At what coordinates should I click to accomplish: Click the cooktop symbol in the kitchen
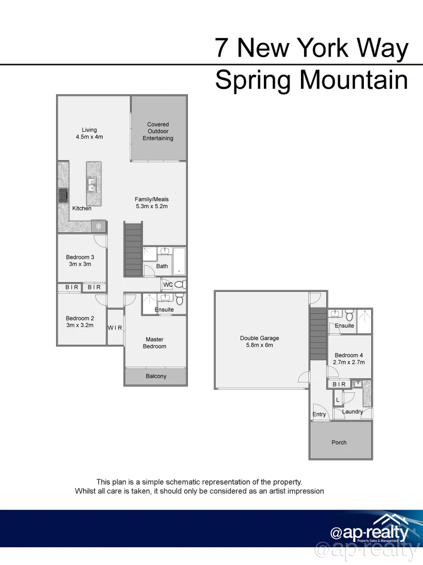pos(63,195)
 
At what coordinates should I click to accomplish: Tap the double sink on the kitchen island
pos(92,184)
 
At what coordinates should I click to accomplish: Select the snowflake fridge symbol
pos(98,227)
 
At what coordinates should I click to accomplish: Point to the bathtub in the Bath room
pos(179,261)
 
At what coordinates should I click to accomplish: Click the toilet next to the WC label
pos(180,285)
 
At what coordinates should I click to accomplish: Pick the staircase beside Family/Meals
pos(133,249)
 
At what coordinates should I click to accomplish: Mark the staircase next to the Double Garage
pos(317,333)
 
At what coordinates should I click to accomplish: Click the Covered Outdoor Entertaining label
pos(158,131)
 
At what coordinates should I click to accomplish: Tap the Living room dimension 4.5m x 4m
pos(90,137)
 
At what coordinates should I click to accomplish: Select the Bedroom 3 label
pos(80,257)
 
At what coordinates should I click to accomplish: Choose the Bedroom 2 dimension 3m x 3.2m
pos(80,325)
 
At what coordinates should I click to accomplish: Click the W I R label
pos(115,328)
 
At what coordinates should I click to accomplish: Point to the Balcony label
pos(156,376)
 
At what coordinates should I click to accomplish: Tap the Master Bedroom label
pos(155,343)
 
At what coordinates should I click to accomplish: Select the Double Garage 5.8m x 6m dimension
pos(260,345)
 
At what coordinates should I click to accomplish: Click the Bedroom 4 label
pos(349,355)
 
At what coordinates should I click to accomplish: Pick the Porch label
pos(339,442)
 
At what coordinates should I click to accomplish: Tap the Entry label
pos(319,414)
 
